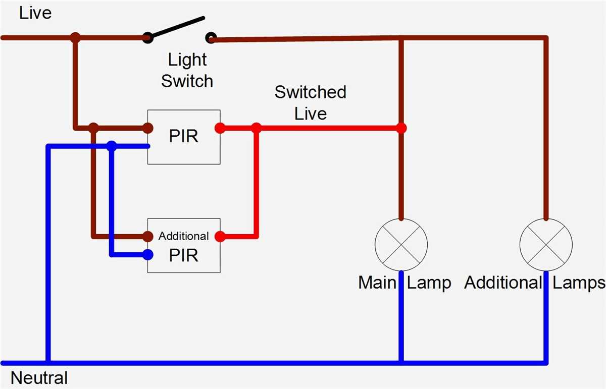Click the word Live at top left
tap(35, 13)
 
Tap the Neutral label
tap(39, 378)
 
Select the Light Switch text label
tap(187, 70)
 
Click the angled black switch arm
tap(177, 28)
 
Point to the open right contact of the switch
tap(211, 37)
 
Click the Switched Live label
tap(310, 102)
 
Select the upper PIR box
tap(184, 137)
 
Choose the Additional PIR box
tap(184, 246)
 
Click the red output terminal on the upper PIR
tap(220, 128)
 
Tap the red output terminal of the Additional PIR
tap(220, 236)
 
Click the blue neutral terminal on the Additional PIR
tap(147, 255)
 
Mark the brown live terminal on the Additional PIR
tap(147, 236)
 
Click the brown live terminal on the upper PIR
tap(147, 128)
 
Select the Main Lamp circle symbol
tap(401, 245)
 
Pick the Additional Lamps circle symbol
tap(546, 245)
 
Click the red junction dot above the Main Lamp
tap(401, 128)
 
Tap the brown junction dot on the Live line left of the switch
tap(75, 37)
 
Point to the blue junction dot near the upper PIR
tap(112, 146)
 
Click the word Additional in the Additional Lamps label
tap(503, 283)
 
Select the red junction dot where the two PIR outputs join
tap(257, 128)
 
